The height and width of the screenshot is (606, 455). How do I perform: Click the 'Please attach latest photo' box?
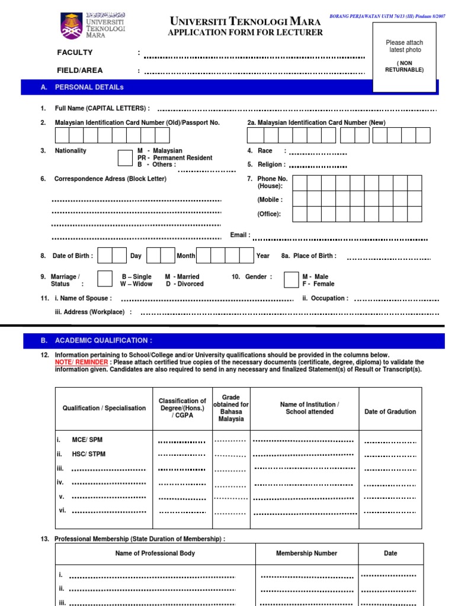pyautogui.click(x=404, y=57)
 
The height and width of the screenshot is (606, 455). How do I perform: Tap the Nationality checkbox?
pyautogui.click(x=125, y=158)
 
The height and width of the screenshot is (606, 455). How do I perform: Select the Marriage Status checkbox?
pyautogui.click(x=105, y=279)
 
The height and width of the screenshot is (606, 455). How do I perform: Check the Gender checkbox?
pyautogui.click(x=291, y=279)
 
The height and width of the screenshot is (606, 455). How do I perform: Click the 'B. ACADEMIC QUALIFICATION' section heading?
pyautogui.click(x=103, y=340)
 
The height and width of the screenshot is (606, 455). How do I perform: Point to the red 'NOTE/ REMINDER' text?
pyautogui.click(x=82, y=362)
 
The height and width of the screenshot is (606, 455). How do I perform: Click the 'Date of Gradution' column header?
pyautogui.click(x=390, y=411)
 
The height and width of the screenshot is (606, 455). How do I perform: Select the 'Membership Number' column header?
pyautogui.click(x=306, y=553)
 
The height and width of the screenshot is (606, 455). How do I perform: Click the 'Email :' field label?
pyautogui.click(x=240, y=235)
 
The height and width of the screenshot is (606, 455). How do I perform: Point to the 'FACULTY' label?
pyautogui.click(x=75, y=53)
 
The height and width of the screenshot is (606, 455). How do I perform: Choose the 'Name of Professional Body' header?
pyautogui.click(x=155, y=553)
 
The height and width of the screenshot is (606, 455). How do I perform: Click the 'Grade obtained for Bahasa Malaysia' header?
pyautogui.click(x=231, y=408)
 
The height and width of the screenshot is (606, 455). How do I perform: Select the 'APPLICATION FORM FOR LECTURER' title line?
pyautogui.click(x=245, y=33)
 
